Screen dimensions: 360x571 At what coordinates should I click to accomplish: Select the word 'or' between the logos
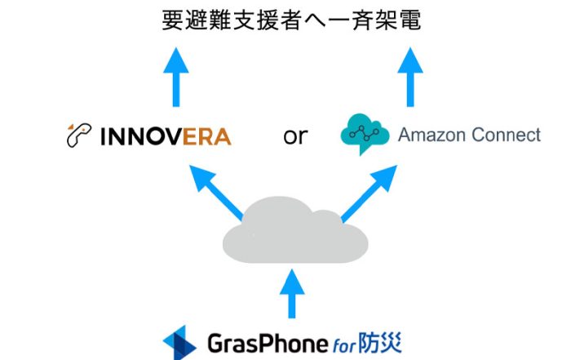(x=294, y=136)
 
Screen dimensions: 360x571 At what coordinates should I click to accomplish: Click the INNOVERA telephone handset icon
(x=77, y=136)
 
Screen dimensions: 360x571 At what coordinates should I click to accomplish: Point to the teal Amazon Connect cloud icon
(x=362, y=135)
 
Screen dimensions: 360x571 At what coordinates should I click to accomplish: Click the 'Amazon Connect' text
(x=469, y=135)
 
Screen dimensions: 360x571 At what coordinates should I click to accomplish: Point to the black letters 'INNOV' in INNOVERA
(x=139, y=136)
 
